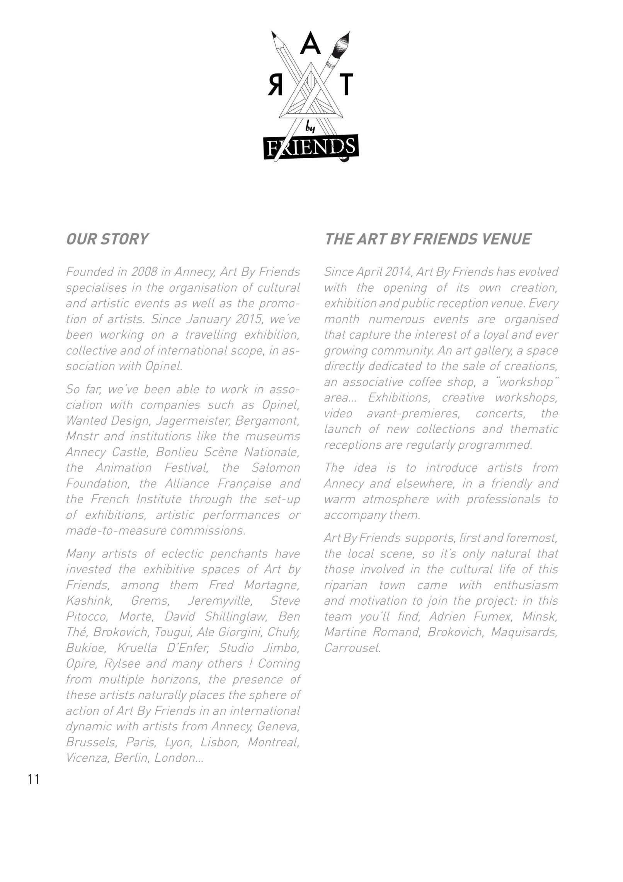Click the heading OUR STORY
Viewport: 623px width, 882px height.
click(x=107, y=239)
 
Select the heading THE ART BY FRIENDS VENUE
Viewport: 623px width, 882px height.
click(x=428, y=239)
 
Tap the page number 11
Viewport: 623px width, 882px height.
click(x=34, y=779)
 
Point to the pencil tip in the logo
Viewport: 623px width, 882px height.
click(x=274, y=35)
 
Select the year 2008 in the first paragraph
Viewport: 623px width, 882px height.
click(x=144, y=272)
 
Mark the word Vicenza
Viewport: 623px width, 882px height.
click(x=87, y=758)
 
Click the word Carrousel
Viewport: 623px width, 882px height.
click(x=352, y=648)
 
